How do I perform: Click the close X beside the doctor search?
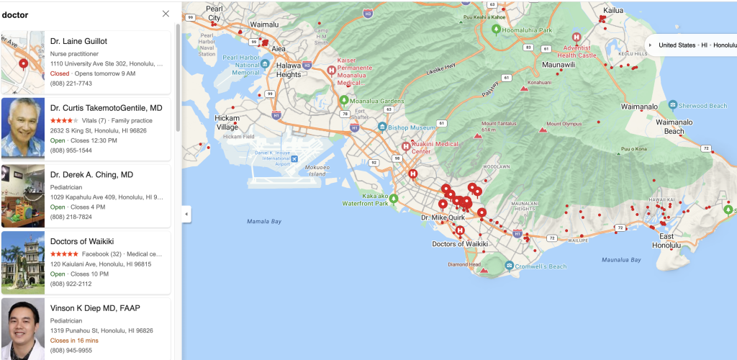tap(166, 14)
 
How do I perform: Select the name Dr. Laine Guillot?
tap(78, 42)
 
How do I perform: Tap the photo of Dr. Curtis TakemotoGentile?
tap(23, 127)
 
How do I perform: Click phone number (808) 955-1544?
tap(71, 150)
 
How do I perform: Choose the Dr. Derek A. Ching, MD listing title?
tap(91, 175)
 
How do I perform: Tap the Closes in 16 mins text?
tap(74, 341)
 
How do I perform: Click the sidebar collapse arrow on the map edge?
tap(186, 214)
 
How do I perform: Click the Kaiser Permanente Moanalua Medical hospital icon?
tap(331, 71)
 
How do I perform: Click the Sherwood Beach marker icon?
tap(672, 106)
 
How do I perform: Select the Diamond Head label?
tap(464, 264)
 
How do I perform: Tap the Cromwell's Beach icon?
tap(510, 266)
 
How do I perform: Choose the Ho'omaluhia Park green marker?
tap(496, 30)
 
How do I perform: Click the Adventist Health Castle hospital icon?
tap(577, 37)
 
